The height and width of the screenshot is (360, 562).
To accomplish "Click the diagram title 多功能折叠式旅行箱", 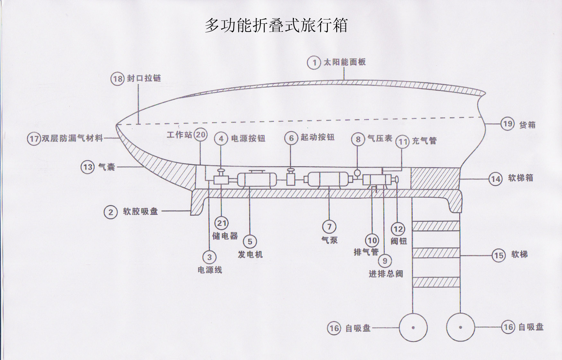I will [x=276, y=25].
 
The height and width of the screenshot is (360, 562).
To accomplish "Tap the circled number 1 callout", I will [x=314, y=62].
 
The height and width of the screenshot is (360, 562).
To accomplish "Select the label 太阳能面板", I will [x=345, y=62].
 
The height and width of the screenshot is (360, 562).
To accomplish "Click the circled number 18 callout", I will [x=118, y=79].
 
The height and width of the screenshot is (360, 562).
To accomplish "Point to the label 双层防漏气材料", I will [x=72, y=138].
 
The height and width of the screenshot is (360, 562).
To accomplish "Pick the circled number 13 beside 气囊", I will [x=87, y=167].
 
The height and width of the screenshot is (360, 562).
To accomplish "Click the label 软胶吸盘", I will [x=140, y=212].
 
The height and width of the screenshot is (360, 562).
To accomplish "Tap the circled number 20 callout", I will [x=201, y=135].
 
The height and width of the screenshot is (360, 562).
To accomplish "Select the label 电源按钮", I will [x=248, y=139].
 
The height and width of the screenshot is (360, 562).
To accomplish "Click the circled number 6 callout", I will [x=291, y=138].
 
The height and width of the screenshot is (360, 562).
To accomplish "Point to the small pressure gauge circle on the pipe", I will [x=357, y=173].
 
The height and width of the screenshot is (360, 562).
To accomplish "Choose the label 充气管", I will [x=424, y=141].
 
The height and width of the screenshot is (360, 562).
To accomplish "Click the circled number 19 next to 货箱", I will [x=507, y=124].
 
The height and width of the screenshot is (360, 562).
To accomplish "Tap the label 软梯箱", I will [x=520, y=178].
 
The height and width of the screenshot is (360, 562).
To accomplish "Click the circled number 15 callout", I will [x=498, y=256].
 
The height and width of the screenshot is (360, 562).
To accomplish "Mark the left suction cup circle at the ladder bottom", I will [x=413, y=328].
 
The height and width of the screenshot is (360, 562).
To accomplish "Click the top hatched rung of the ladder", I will [x=436, y=226].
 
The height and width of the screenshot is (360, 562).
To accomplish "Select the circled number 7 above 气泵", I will [x=329, y=227].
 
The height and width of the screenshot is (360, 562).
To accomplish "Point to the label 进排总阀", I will [x=386, y=274].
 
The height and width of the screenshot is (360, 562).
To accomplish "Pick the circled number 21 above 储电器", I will [x=222, y=223].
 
